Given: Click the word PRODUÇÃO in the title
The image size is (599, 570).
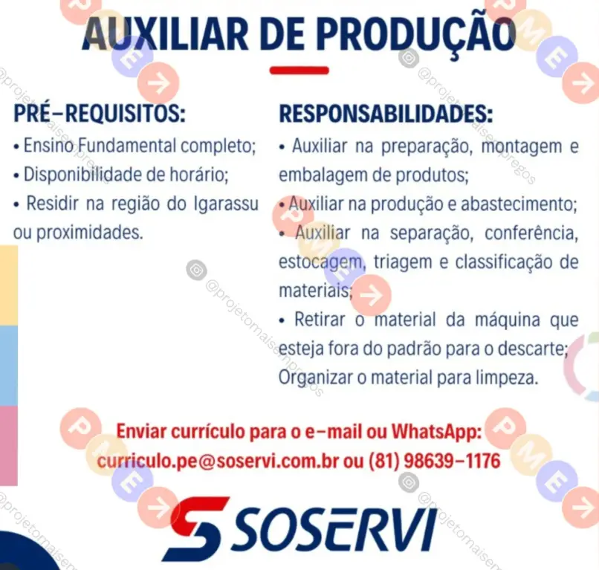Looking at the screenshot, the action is pos(416,33).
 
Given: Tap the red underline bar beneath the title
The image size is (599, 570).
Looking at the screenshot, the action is pos(299,71).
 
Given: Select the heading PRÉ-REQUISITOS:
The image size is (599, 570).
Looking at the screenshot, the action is pos(100,113).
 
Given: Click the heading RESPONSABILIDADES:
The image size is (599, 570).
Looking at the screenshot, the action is pos(386,113).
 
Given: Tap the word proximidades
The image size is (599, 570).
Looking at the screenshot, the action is pos(89,233).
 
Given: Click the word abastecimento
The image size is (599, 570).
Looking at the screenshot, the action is pos(519,204).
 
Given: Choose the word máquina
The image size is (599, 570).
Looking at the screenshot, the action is pos(508,320).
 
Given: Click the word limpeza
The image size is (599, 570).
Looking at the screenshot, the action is pos(507,378).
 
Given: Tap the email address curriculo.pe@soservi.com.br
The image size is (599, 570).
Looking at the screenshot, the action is pos(218,461).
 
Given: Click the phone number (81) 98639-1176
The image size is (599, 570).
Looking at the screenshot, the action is pos(434,461).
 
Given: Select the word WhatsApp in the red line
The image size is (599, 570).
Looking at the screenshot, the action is pos(436,432).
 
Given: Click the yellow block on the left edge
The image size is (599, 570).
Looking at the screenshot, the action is pos(9,285).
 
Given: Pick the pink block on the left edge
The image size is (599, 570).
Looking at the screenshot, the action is pos(9,445).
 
